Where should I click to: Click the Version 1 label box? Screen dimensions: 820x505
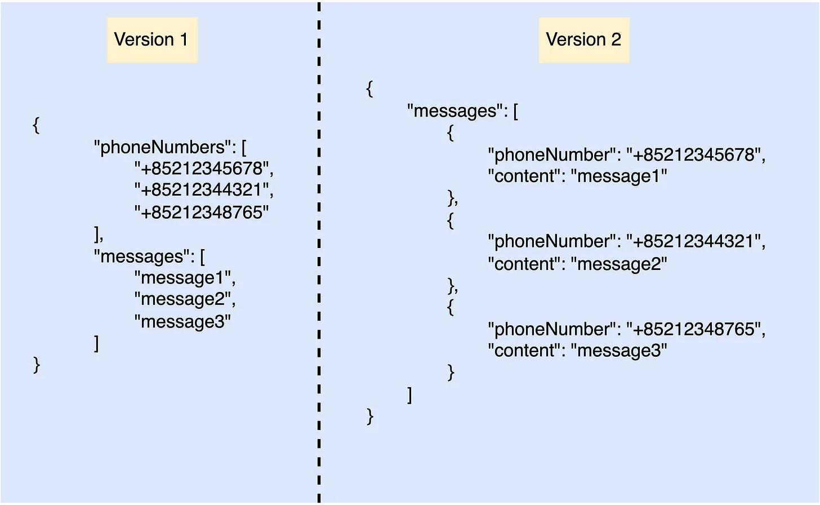(x=152, y=40)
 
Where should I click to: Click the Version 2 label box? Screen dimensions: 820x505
(x=584, y=40)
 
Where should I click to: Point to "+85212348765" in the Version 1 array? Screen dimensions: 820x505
(x=202, y=212)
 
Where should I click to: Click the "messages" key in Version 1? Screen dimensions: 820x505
(x=144, y=256)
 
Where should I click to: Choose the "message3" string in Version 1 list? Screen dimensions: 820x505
(x=182, y=322)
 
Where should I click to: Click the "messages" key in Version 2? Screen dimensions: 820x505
(x=457, y=111)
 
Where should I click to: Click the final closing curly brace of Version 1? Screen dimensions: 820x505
(x=37, y=365)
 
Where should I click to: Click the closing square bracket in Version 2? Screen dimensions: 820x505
(x=410, y=396)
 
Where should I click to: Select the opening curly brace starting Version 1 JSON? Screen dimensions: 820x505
(x=36, y=125)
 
